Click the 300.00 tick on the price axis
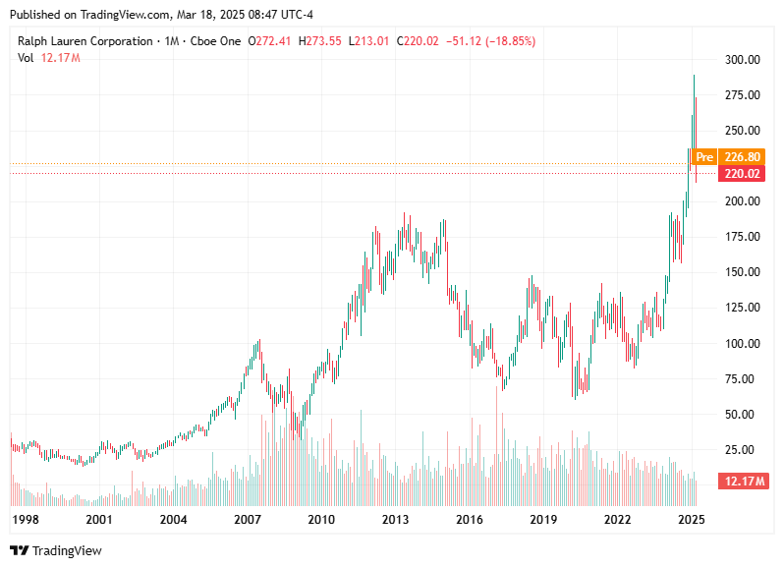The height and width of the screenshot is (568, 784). [x=743, y=60]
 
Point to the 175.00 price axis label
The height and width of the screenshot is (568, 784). [x=743, y=237]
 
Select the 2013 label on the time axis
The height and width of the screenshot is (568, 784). [x=395, y=519]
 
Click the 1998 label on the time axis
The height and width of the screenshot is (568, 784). [x=26, y=519]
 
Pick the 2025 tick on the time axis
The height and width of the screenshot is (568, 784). [x=692, y=519]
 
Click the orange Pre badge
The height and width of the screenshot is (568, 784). [x=703, y=157]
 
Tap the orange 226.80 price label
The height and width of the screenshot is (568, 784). [x=742, y=157]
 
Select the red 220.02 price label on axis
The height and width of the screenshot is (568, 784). [x=742, y=174]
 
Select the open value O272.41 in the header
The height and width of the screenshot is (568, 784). [x=269, y=41]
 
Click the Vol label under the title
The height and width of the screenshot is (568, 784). [x=27, y=58]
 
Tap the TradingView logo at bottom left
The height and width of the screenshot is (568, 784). [x=56, y=550]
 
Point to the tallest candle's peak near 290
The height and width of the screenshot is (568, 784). [x=695, y=75]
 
